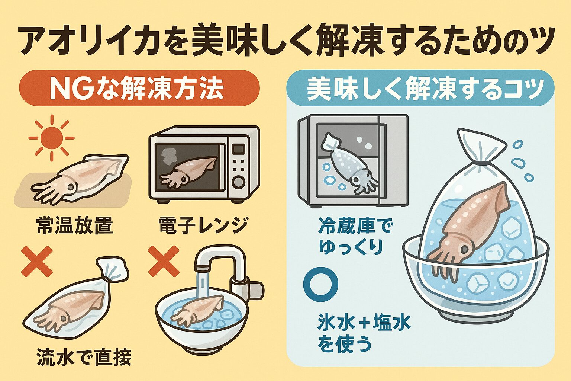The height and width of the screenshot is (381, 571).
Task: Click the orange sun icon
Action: click(x=51, y=138)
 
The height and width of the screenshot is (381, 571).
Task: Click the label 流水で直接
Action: click(x=84, y=358)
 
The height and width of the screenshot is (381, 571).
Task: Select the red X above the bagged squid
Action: click(x=37, y=263)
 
